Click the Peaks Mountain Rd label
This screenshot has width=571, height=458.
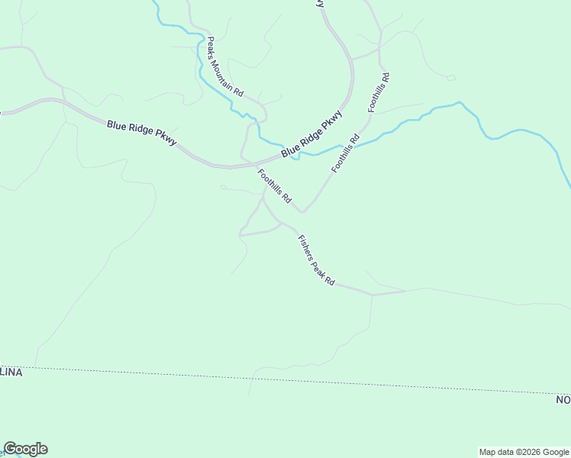(x=224, y=67)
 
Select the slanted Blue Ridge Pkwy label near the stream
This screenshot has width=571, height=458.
(x=311, y=134)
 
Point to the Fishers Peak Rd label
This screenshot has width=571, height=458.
(x=316, y=260)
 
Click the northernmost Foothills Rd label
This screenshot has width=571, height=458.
(x=379, y=92)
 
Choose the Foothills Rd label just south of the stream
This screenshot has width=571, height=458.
(x=345, y=153)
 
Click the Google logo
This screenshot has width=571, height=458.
(x=25, y=449)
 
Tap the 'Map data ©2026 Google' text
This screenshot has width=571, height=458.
(x=524, y=452)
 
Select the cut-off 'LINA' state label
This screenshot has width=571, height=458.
(x=11, y=372)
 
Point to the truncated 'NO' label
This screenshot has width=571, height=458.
(x=563, y=399)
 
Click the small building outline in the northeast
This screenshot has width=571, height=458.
(x=450, y=78)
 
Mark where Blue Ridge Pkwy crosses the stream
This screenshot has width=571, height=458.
(x=295, y=152)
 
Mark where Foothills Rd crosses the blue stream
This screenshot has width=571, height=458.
(x=357, y=143)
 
